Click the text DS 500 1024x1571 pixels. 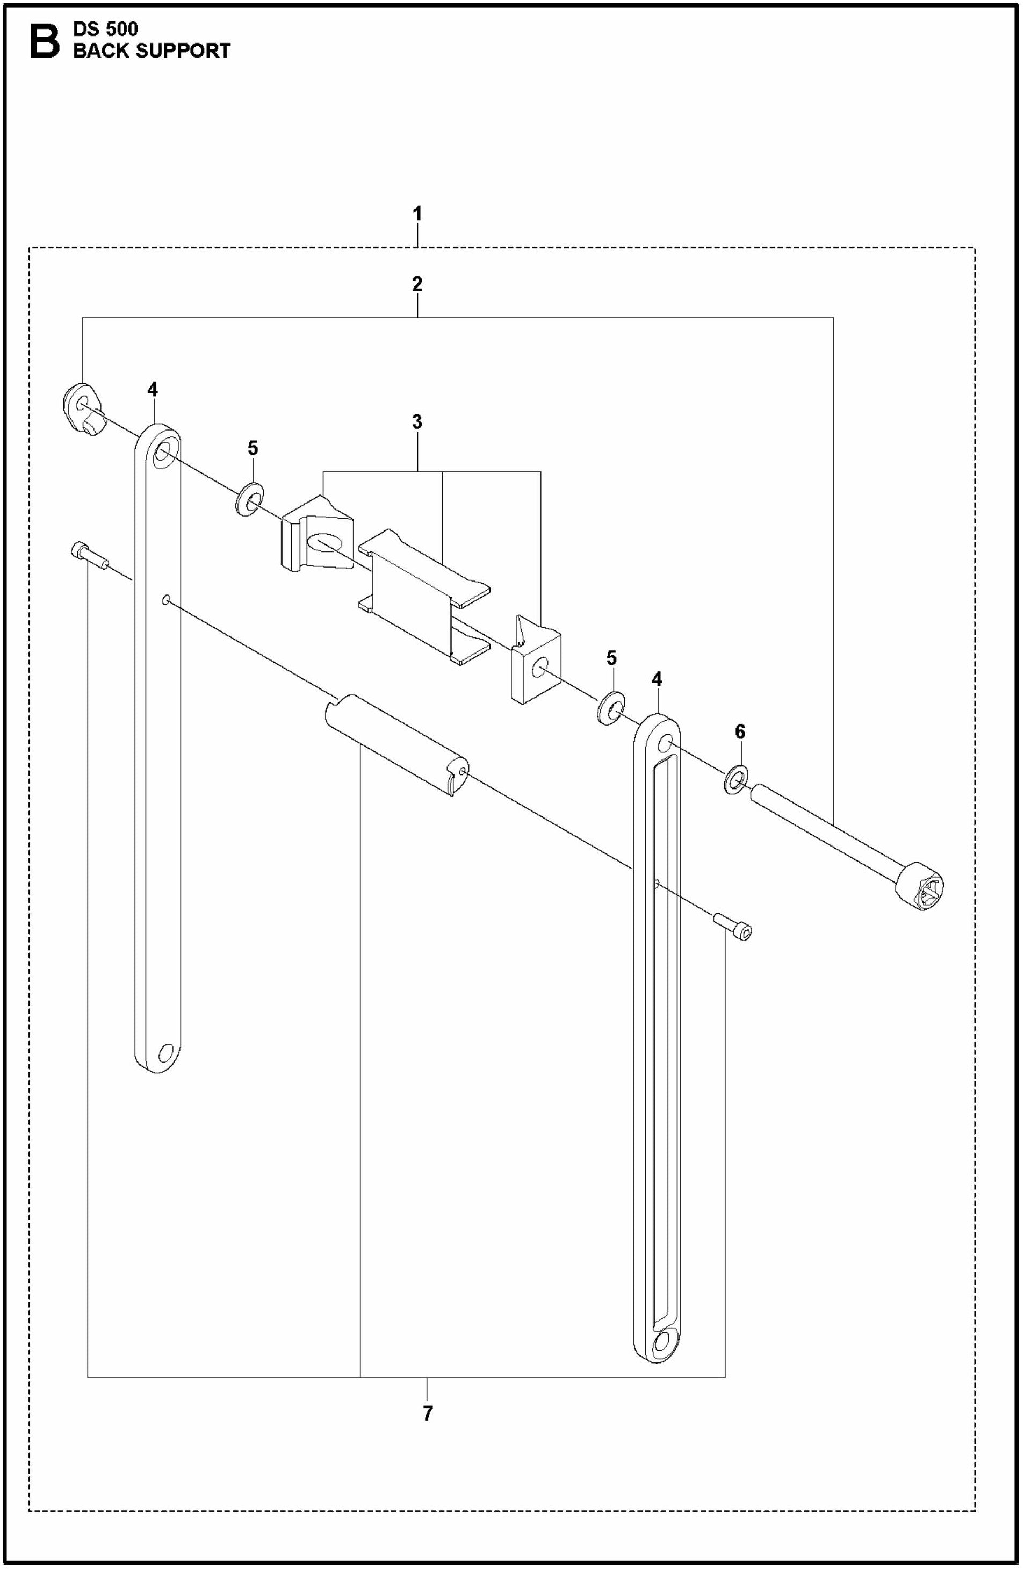pos(105,29)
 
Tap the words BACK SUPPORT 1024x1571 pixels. pos(151,51)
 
